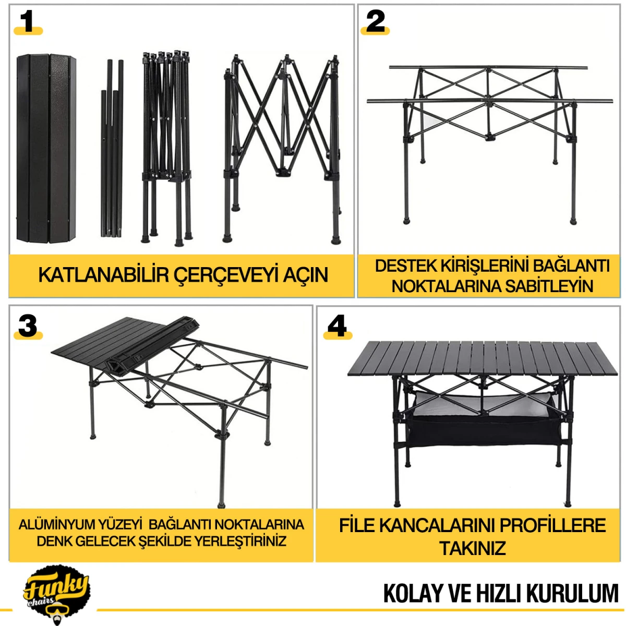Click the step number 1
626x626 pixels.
pyautogui.click(x=28, y=22)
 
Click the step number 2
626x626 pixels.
pyautogui.click(x=375, y=22)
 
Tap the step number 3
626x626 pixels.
pyautogui.click(x=28, y=326)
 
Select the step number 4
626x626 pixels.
pyautogui.click(x=337, y=326)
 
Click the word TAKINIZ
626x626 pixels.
pyautogui.click(x=472, y=548)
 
